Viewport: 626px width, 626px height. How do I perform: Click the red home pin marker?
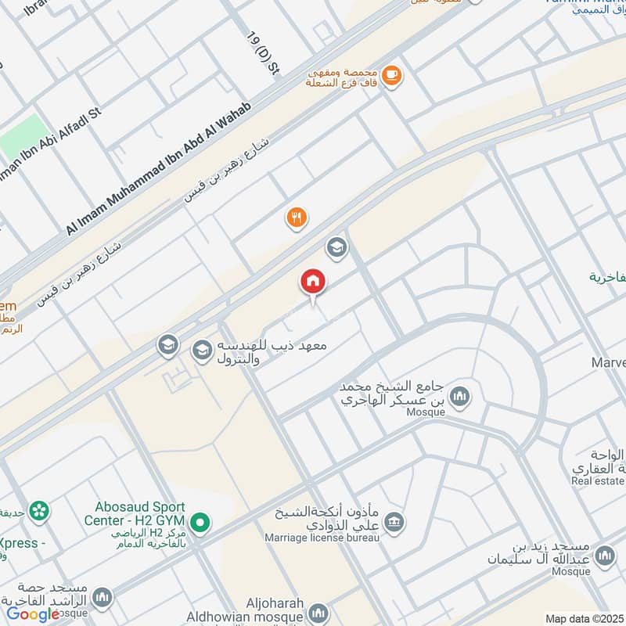[313, 282]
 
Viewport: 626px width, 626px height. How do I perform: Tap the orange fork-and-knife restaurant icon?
[296, 218]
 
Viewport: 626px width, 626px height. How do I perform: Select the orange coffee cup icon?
[390, 75]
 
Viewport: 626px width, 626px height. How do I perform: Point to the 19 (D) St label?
[263, 53]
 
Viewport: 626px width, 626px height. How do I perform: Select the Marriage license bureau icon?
[395, 522]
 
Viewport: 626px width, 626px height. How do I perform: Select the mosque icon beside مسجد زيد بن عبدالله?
[603, 556]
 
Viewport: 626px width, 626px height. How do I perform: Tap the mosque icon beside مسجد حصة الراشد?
[102, 599]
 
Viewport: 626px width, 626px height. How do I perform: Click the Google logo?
[33, 614]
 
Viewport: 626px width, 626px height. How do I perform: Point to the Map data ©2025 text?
[582, 618]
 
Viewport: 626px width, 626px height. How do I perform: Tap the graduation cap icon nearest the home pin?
[336, 247]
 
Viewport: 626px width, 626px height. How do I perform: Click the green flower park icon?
[38, 511]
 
